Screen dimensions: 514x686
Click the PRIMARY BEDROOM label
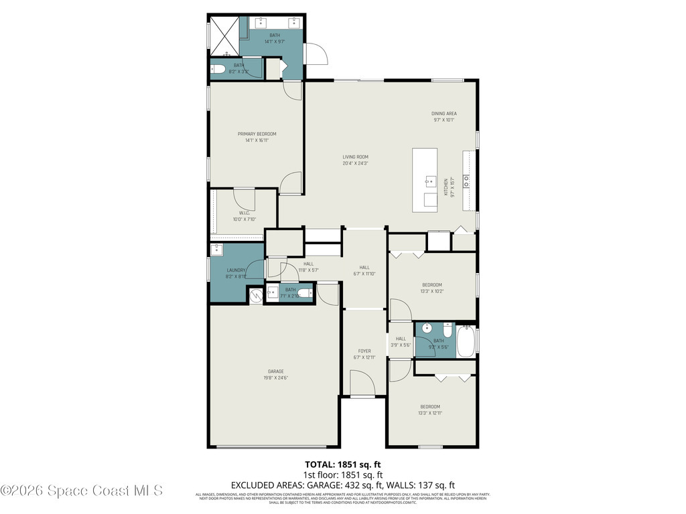click(x=257, y=134)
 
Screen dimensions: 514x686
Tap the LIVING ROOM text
click(x=356, y=157)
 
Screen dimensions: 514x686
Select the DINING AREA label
click(x=443, y=114)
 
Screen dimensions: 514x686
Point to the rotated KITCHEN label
click(x=445, y=187)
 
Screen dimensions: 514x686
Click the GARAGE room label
click(x=276, y=371)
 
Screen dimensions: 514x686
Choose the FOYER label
click(x=364, y=351)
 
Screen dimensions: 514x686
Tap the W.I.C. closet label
click(x=244, y=213)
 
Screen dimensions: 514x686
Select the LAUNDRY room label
click(x=236, y=270)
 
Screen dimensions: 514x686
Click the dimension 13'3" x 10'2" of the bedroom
click(x=431, y=291)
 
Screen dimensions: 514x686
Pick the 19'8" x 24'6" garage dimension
click(x=276, y=378)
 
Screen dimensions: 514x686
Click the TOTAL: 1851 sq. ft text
click(x=343, y=464)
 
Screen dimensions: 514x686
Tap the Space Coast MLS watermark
click(x=82, y=491)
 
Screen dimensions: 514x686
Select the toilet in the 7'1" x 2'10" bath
click(x=305, y=293)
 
